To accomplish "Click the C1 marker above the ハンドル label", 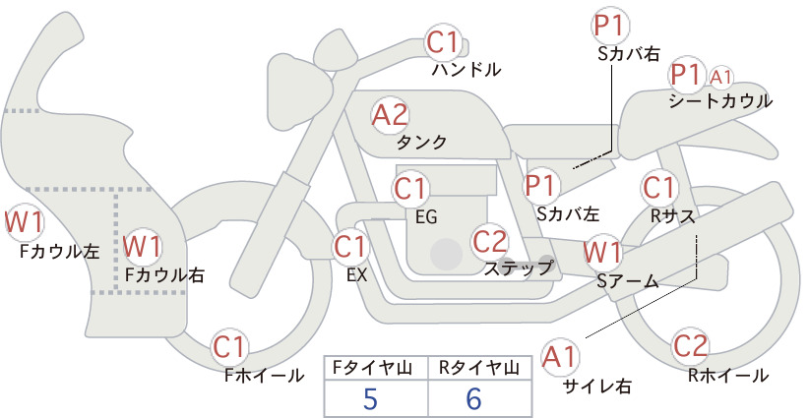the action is tap(443, 42).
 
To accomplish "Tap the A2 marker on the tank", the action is tap(390, 115).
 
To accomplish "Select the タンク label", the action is tap(421, 143).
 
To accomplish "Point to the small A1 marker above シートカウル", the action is tap(720, 78).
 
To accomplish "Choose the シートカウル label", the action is tap(720, 101).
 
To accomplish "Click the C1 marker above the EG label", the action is tap(410, 189).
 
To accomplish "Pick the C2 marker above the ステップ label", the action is tap(489, 241).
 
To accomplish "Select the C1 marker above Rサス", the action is tap(658, 188).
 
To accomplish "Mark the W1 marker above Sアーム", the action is tap(602, 253).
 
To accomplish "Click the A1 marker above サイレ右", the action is tap(560, 357).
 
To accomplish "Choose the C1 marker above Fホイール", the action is tap(228, 347).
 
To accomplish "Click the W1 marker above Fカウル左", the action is tap(24, 222).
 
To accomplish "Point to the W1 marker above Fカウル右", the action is tap(142, 246).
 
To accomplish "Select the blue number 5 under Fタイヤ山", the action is tap(370, 398).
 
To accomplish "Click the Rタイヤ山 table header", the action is tap(479, 368).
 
